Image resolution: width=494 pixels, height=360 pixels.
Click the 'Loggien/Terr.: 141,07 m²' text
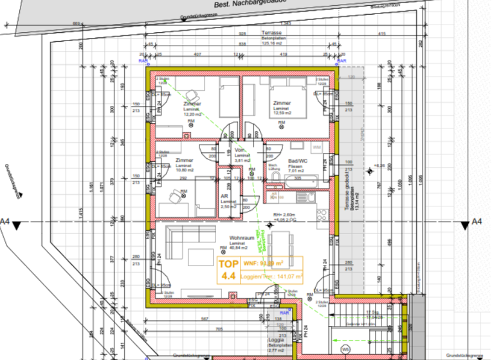[271, 277]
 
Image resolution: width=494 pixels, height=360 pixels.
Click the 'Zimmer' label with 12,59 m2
[281, 104]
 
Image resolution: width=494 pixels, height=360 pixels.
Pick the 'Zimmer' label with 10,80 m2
[185, 160]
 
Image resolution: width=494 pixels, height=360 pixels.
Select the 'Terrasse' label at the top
[272, 33]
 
